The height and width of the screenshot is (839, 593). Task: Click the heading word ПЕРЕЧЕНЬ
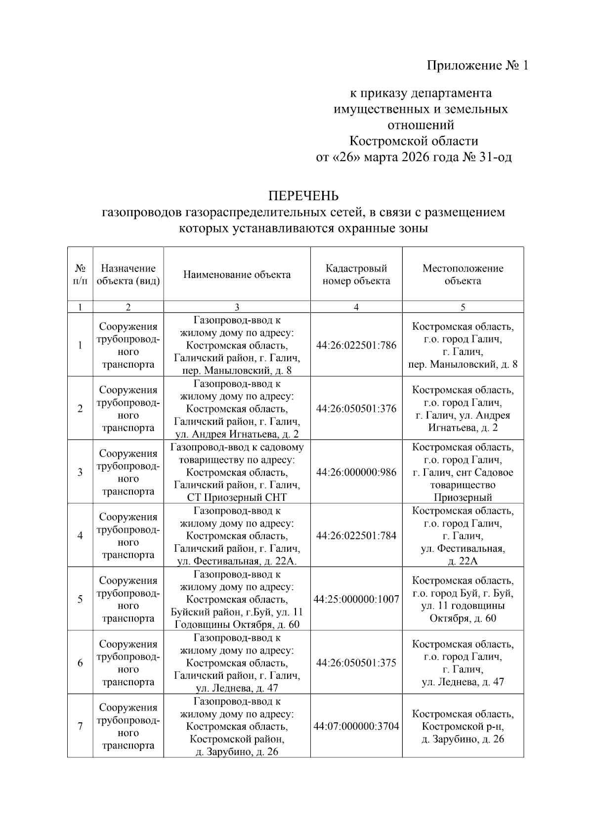coord(303,196)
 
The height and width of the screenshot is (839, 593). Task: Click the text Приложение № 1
coord(477,65)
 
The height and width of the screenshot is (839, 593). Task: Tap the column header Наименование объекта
coord(237,275)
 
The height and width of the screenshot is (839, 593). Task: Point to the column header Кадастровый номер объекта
coord(356,275)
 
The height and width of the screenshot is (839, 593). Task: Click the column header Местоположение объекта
coord(463,275)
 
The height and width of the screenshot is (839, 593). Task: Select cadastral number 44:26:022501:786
coord(356,345)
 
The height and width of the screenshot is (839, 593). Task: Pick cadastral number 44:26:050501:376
coord(356,409)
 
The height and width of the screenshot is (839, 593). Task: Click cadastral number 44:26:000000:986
coord(356,472)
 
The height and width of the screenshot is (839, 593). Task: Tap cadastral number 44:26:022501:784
coord(356,535)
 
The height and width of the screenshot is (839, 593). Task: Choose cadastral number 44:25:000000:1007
coord(356,599)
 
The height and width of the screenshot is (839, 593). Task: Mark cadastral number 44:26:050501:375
coord(356,662)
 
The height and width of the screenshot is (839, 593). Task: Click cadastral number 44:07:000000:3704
coord(356,726)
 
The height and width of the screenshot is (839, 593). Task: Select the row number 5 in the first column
coord(80,599)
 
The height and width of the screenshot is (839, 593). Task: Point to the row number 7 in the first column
coord(80,726)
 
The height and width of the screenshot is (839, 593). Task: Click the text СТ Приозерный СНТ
coord(237,497)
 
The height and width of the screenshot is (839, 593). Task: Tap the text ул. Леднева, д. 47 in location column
coord(463,682)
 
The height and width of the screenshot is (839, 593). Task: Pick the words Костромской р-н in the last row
coord(463,727)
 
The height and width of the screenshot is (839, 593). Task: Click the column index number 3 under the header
coord(237,307)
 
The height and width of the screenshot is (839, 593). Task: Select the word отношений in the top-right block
coord(421,125)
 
